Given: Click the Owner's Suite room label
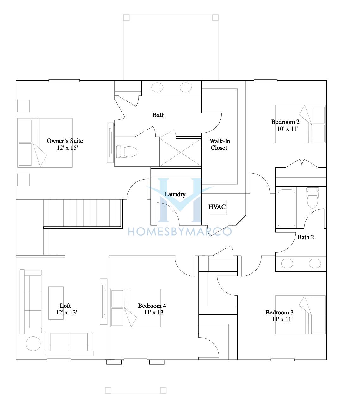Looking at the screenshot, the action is pos(65,141).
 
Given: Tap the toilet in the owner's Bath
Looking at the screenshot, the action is pos(127,152).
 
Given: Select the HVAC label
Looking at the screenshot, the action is pos(217,207).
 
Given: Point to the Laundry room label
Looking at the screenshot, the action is pos(175,194).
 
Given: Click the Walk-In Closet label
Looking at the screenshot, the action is pos(220,144).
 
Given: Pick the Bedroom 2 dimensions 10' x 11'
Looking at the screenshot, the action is pos(287,129).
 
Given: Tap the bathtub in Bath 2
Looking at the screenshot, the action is pos(286,208).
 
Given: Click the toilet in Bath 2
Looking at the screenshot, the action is pos(313,198).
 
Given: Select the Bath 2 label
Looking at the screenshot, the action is pos(306,237).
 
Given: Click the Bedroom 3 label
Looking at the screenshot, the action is pos(279,313).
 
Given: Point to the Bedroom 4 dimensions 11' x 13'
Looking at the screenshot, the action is pos(154,313).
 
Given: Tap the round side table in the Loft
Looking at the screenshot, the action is pos(33,344).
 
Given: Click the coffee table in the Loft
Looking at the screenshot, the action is pos(56,303).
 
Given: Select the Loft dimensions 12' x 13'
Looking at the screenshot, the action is pos(66,313).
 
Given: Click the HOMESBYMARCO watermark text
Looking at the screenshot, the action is pos(180,232).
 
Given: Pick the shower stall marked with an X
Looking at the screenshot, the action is pos(180,152).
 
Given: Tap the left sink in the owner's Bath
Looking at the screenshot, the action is pos(157,88).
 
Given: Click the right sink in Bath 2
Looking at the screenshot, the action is pos(315,264).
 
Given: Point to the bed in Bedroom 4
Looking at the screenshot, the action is pos(135,308).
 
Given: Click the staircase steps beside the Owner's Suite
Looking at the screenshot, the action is pos(83,213).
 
